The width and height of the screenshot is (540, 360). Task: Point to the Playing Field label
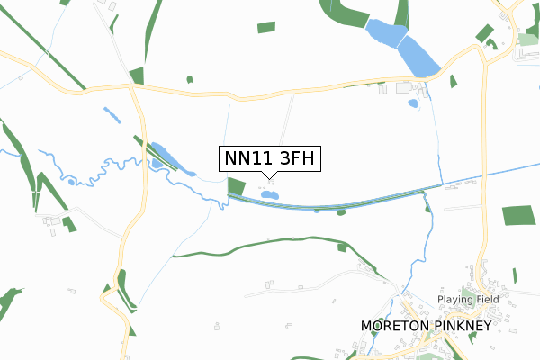467,299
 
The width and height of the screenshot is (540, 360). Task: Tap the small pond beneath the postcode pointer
268,194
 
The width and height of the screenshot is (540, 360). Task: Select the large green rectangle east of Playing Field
517,215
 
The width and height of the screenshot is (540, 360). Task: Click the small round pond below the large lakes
413,103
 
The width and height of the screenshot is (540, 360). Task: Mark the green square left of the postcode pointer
237,187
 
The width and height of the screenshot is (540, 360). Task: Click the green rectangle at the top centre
266,28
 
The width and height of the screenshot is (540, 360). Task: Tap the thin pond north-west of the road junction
112,116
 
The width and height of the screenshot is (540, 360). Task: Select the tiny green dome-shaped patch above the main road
190,79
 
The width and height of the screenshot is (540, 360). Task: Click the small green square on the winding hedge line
342,247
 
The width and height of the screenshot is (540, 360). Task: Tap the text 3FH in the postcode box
297,158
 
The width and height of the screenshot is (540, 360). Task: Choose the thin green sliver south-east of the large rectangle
515,274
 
